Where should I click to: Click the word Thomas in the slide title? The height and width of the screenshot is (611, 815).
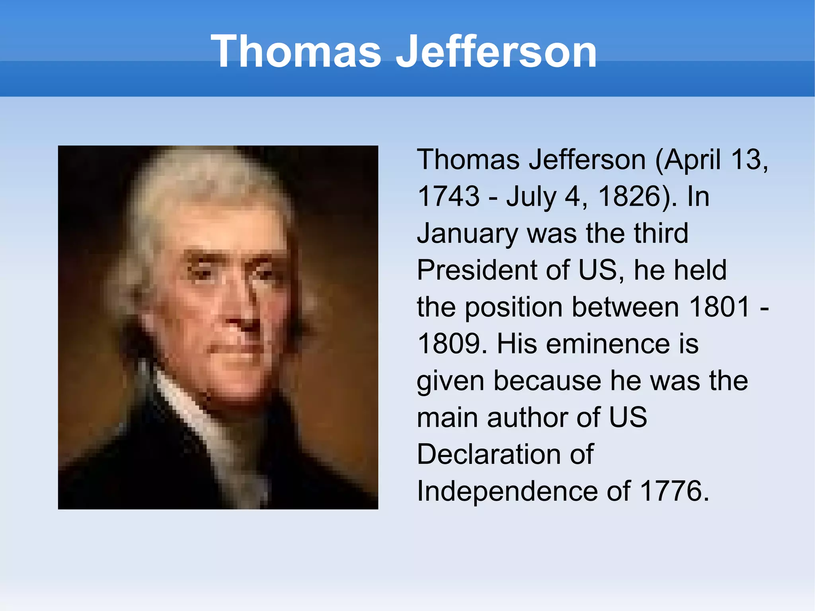pyautogui.click(x=296, y=52)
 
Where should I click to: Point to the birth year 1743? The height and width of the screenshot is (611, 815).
pyautogui.click(x=448, y=196)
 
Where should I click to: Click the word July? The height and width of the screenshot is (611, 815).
pyautogui.click(x=531, y=197)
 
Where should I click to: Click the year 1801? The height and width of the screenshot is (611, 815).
pyautogui.click(x=719, y=307)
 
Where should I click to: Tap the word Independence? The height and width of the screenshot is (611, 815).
pyautogui.click(x=507, y=491)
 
